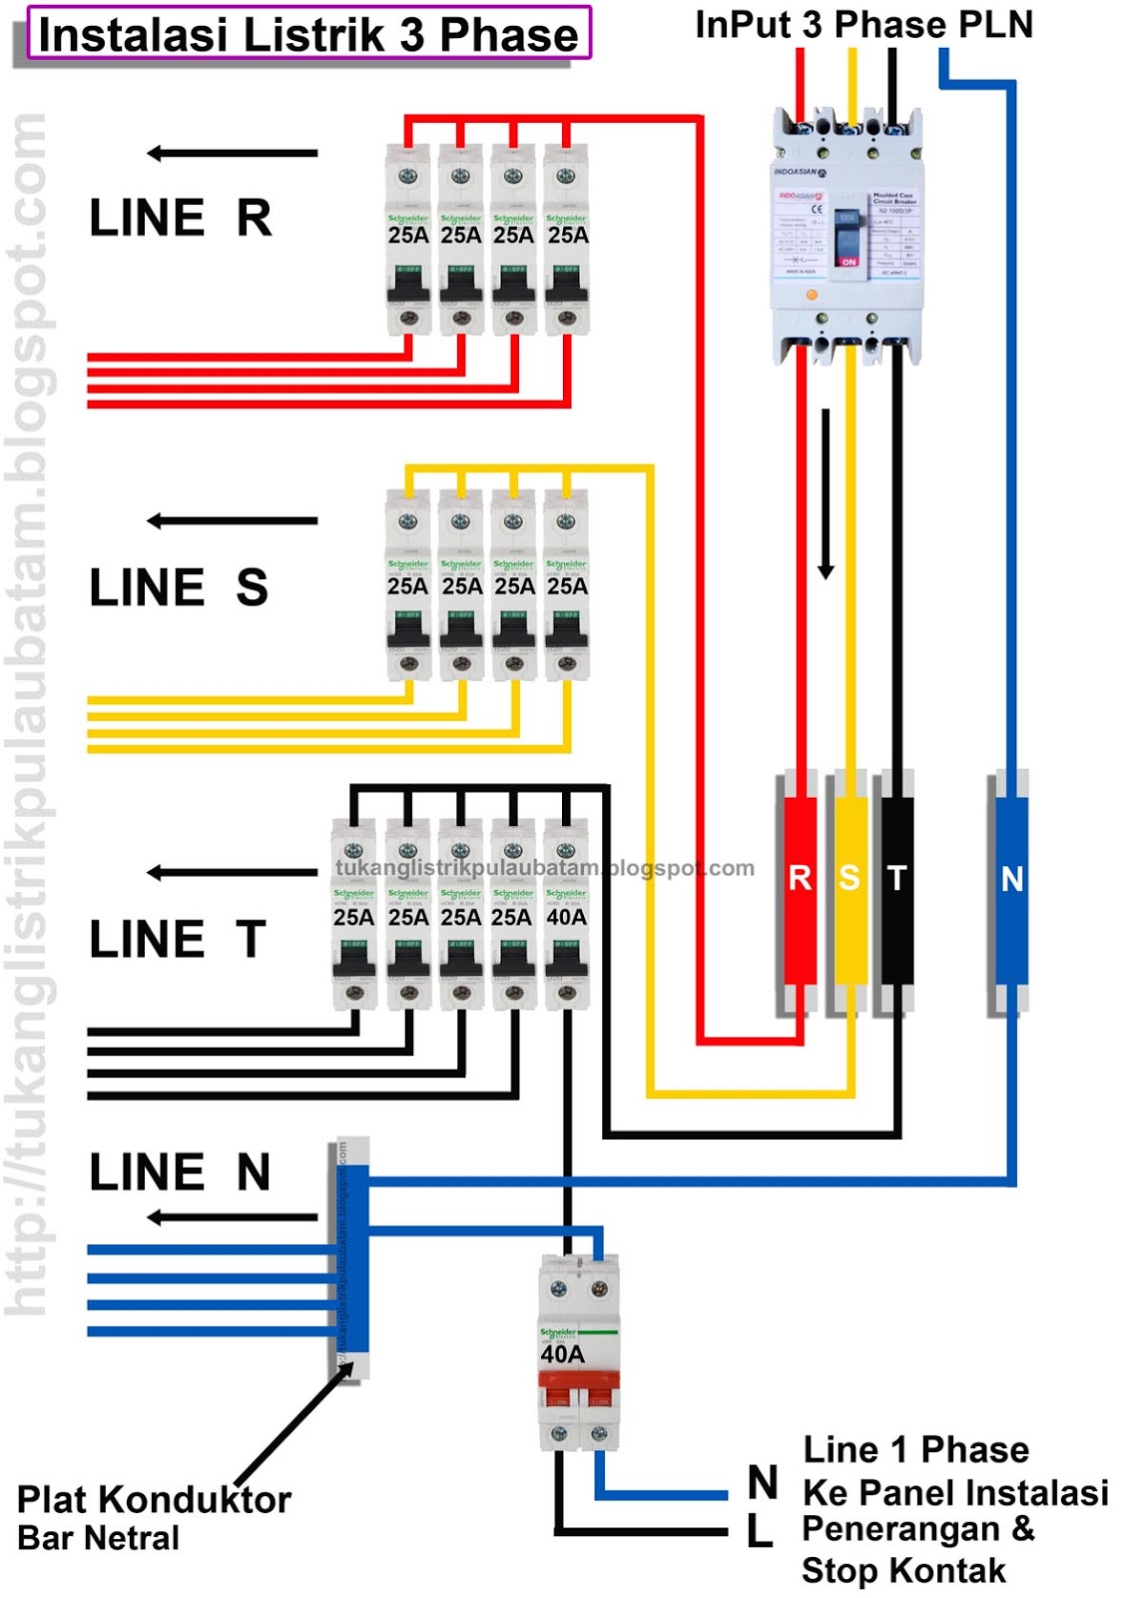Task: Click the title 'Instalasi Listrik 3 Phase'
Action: pyautogui.click(x=308, y=34)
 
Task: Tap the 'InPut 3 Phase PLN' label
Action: pyautogui.click(x=863, y=25)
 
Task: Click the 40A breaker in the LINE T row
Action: pyautogui.click(x=566, y=914)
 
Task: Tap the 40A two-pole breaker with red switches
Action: pyautogui.click(x=579, y=1353)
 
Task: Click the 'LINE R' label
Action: pyautogui.click(x=181, y=218)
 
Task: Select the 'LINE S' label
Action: pyautogui.click(x=180, y=587)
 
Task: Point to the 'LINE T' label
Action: pyautogui.click(x=178, y=940)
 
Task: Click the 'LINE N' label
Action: pyautogui.click(x=181, y=1173)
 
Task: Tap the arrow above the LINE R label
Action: pyautogui.click(x=232, y=153)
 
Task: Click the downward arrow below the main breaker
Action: pyautogui.click(x=826, y=494)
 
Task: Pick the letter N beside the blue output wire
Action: pyautogui.click(x=763, y=1483)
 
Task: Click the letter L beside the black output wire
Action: pyautogui.click(x=760, y=1531)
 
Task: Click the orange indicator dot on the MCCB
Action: pyautogui.click(x=812, y=296)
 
